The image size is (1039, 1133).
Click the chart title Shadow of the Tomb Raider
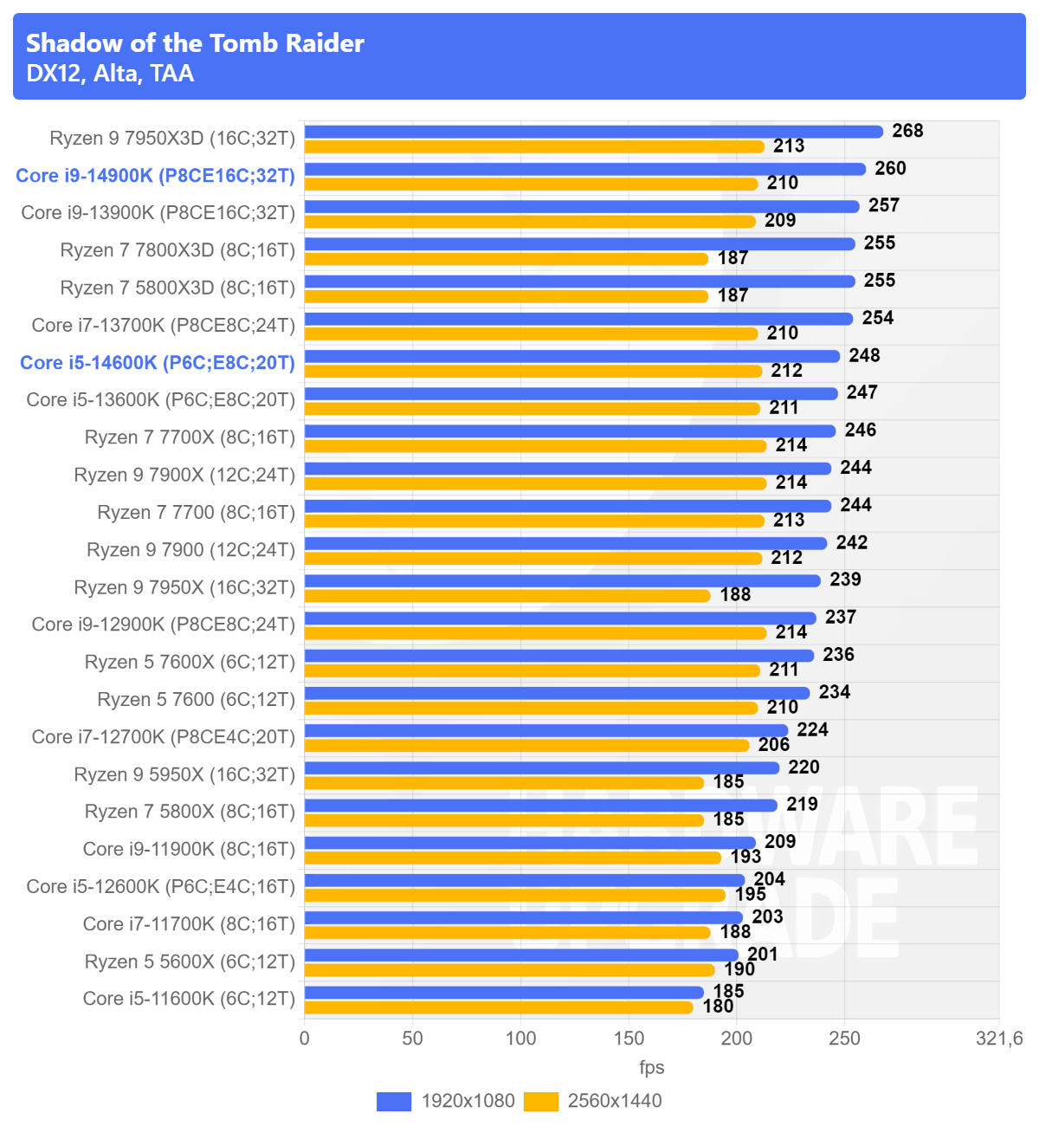pyautogui.click(x=195, y=43)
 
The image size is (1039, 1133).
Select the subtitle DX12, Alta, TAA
pyautogui.click(x=110, y=74)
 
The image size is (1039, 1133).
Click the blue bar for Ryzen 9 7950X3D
pyautogui.click(x=593, y=132)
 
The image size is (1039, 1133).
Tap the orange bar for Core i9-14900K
pyautogui.click(x=531, y=185)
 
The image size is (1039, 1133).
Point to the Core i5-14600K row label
pyautogui.click(x=158, y=363)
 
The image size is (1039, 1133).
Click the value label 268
pyautogui.click(x=907, y=131)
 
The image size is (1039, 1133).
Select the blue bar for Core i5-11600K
pyautogui.click(x=504, y=993)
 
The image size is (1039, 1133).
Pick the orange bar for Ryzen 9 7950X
pyautogui.click(x=507, y=596)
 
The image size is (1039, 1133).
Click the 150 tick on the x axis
pyautogui.click(x=629, y=1038)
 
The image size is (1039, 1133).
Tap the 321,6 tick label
pyautogui.click(x=999, y=1038)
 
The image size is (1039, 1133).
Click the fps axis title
pyautogui.click(x=652, y=1067)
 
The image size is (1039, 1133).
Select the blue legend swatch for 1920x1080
pyautogui.click(x=394, y=1101)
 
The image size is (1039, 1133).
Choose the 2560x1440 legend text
pyautogui.click(x=615, y=1101)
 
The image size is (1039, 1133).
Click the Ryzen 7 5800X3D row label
pyautogui.click(x=177, y=288)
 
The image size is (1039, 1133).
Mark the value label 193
pyautogui.click(x=745, y=856)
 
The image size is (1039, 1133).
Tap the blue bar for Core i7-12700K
pyautogui.click(x=546, y=730)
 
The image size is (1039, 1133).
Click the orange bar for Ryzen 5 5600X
pyautogui.click(x=509, y=970)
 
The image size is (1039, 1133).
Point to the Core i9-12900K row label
pyautogui.click(x=163, y=625)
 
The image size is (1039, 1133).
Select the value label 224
pyautogui.click(x=812, y=729)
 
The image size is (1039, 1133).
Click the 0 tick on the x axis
pyautogui.click(x=305, y=1038)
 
